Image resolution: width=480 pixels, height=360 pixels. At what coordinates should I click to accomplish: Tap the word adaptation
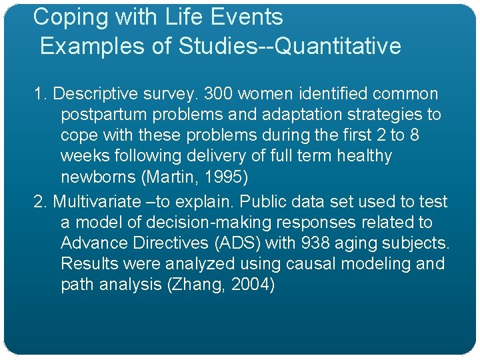291,115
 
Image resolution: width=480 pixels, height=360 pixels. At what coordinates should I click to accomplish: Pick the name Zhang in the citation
202,285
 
